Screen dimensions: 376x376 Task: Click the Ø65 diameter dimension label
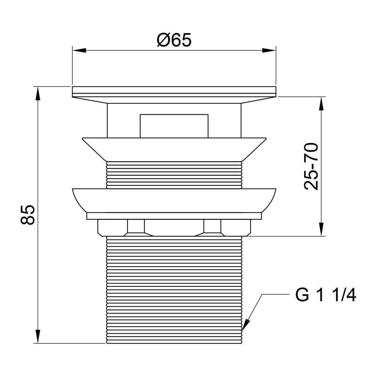(174, 40)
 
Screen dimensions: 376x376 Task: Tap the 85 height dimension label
(28, 215)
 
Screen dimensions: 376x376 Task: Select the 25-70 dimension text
(311, 167)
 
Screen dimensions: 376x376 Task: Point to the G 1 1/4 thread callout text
(326, 295)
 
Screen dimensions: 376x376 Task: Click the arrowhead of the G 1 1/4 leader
(246, 325)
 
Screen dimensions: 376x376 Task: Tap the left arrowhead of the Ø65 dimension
(79, 50)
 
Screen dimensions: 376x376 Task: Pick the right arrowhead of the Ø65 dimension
(269, 50)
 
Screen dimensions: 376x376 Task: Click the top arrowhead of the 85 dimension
(37, 94)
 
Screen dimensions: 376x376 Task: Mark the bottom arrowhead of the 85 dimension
(37, 337)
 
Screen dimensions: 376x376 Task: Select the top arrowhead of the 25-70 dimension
(321, 104)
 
